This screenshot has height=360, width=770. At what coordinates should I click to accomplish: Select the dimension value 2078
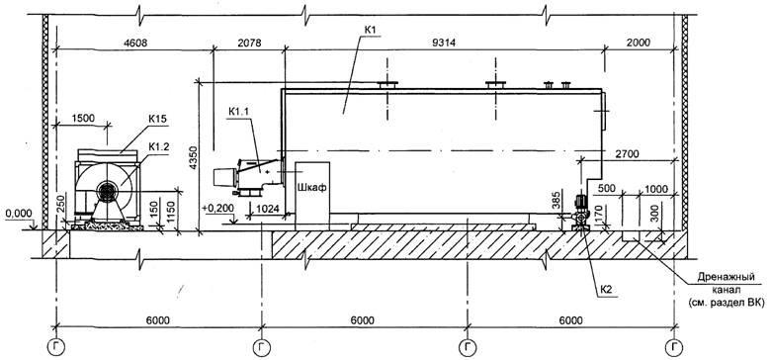coord(249,43)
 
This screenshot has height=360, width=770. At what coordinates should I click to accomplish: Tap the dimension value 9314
coord(445,43)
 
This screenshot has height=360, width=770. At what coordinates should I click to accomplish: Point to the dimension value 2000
coord(638,43)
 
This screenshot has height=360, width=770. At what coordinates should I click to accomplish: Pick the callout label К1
coord(370,30)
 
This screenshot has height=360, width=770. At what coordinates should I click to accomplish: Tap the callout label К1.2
coord(157,145)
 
